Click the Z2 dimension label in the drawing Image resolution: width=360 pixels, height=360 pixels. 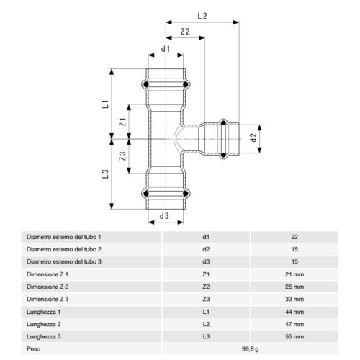point(185,31)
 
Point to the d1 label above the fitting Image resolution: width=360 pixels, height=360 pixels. point(166,49)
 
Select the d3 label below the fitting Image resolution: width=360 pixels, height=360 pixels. point(164,215)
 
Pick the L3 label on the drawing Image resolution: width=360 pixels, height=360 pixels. point(105,174)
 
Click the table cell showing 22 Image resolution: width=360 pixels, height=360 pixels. point(294,236)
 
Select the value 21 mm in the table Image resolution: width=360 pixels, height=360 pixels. point(294,274)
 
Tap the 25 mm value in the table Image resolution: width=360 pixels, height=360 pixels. point(294,287)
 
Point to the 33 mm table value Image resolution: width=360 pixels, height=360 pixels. point(294,299)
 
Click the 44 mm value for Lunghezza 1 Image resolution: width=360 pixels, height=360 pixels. point(294,311)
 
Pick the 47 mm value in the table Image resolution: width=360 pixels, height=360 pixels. point(294,323)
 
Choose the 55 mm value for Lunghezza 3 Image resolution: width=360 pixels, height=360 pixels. point(294,336)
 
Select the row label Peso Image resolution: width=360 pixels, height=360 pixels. point(34,348)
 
